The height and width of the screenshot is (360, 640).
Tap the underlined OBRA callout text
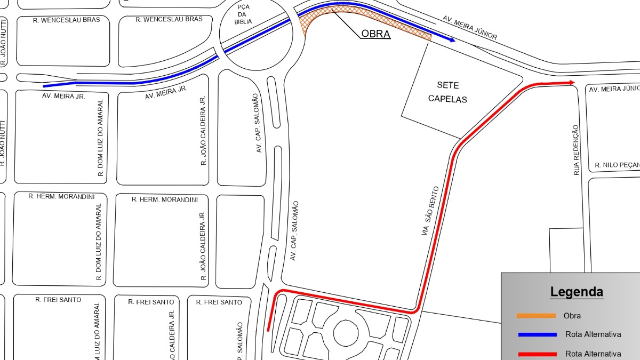376,34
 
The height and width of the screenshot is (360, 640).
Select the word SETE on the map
447,85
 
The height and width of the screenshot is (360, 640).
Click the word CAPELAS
447,100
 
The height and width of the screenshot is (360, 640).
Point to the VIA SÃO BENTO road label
430,211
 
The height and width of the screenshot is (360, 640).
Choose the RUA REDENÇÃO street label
576,150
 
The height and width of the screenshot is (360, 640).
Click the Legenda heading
577,292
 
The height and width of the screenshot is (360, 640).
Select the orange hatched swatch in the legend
536,316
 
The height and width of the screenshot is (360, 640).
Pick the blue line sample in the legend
536,335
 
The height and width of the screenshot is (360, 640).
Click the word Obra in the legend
572,316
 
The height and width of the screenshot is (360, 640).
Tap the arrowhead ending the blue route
452,39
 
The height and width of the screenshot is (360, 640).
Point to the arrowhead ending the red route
571,83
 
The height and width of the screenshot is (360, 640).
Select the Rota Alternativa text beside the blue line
593,335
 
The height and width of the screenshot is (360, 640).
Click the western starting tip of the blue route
44,85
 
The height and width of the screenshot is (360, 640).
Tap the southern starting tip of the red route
268,330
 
